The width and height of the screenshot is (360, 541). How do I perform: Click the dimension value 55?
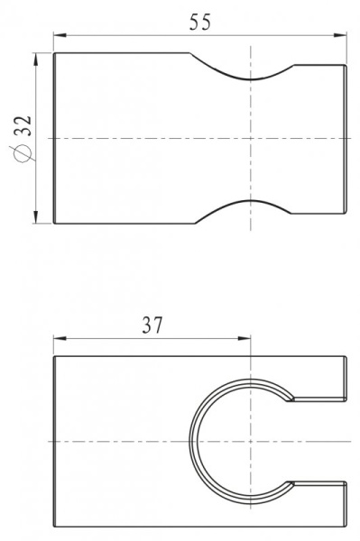[x=200, y=23]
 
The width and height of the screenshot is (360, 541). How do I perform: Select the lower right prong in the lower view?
[x=318, y=506]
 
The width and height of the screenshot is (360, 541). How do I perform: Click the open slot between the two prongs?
[x=320, y=441]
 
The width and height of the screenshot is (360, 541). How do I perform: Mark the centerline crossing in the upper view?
[x=250, y=138]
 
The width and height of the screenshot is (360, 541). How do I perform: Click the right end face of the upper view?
[x=346, y=138]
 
